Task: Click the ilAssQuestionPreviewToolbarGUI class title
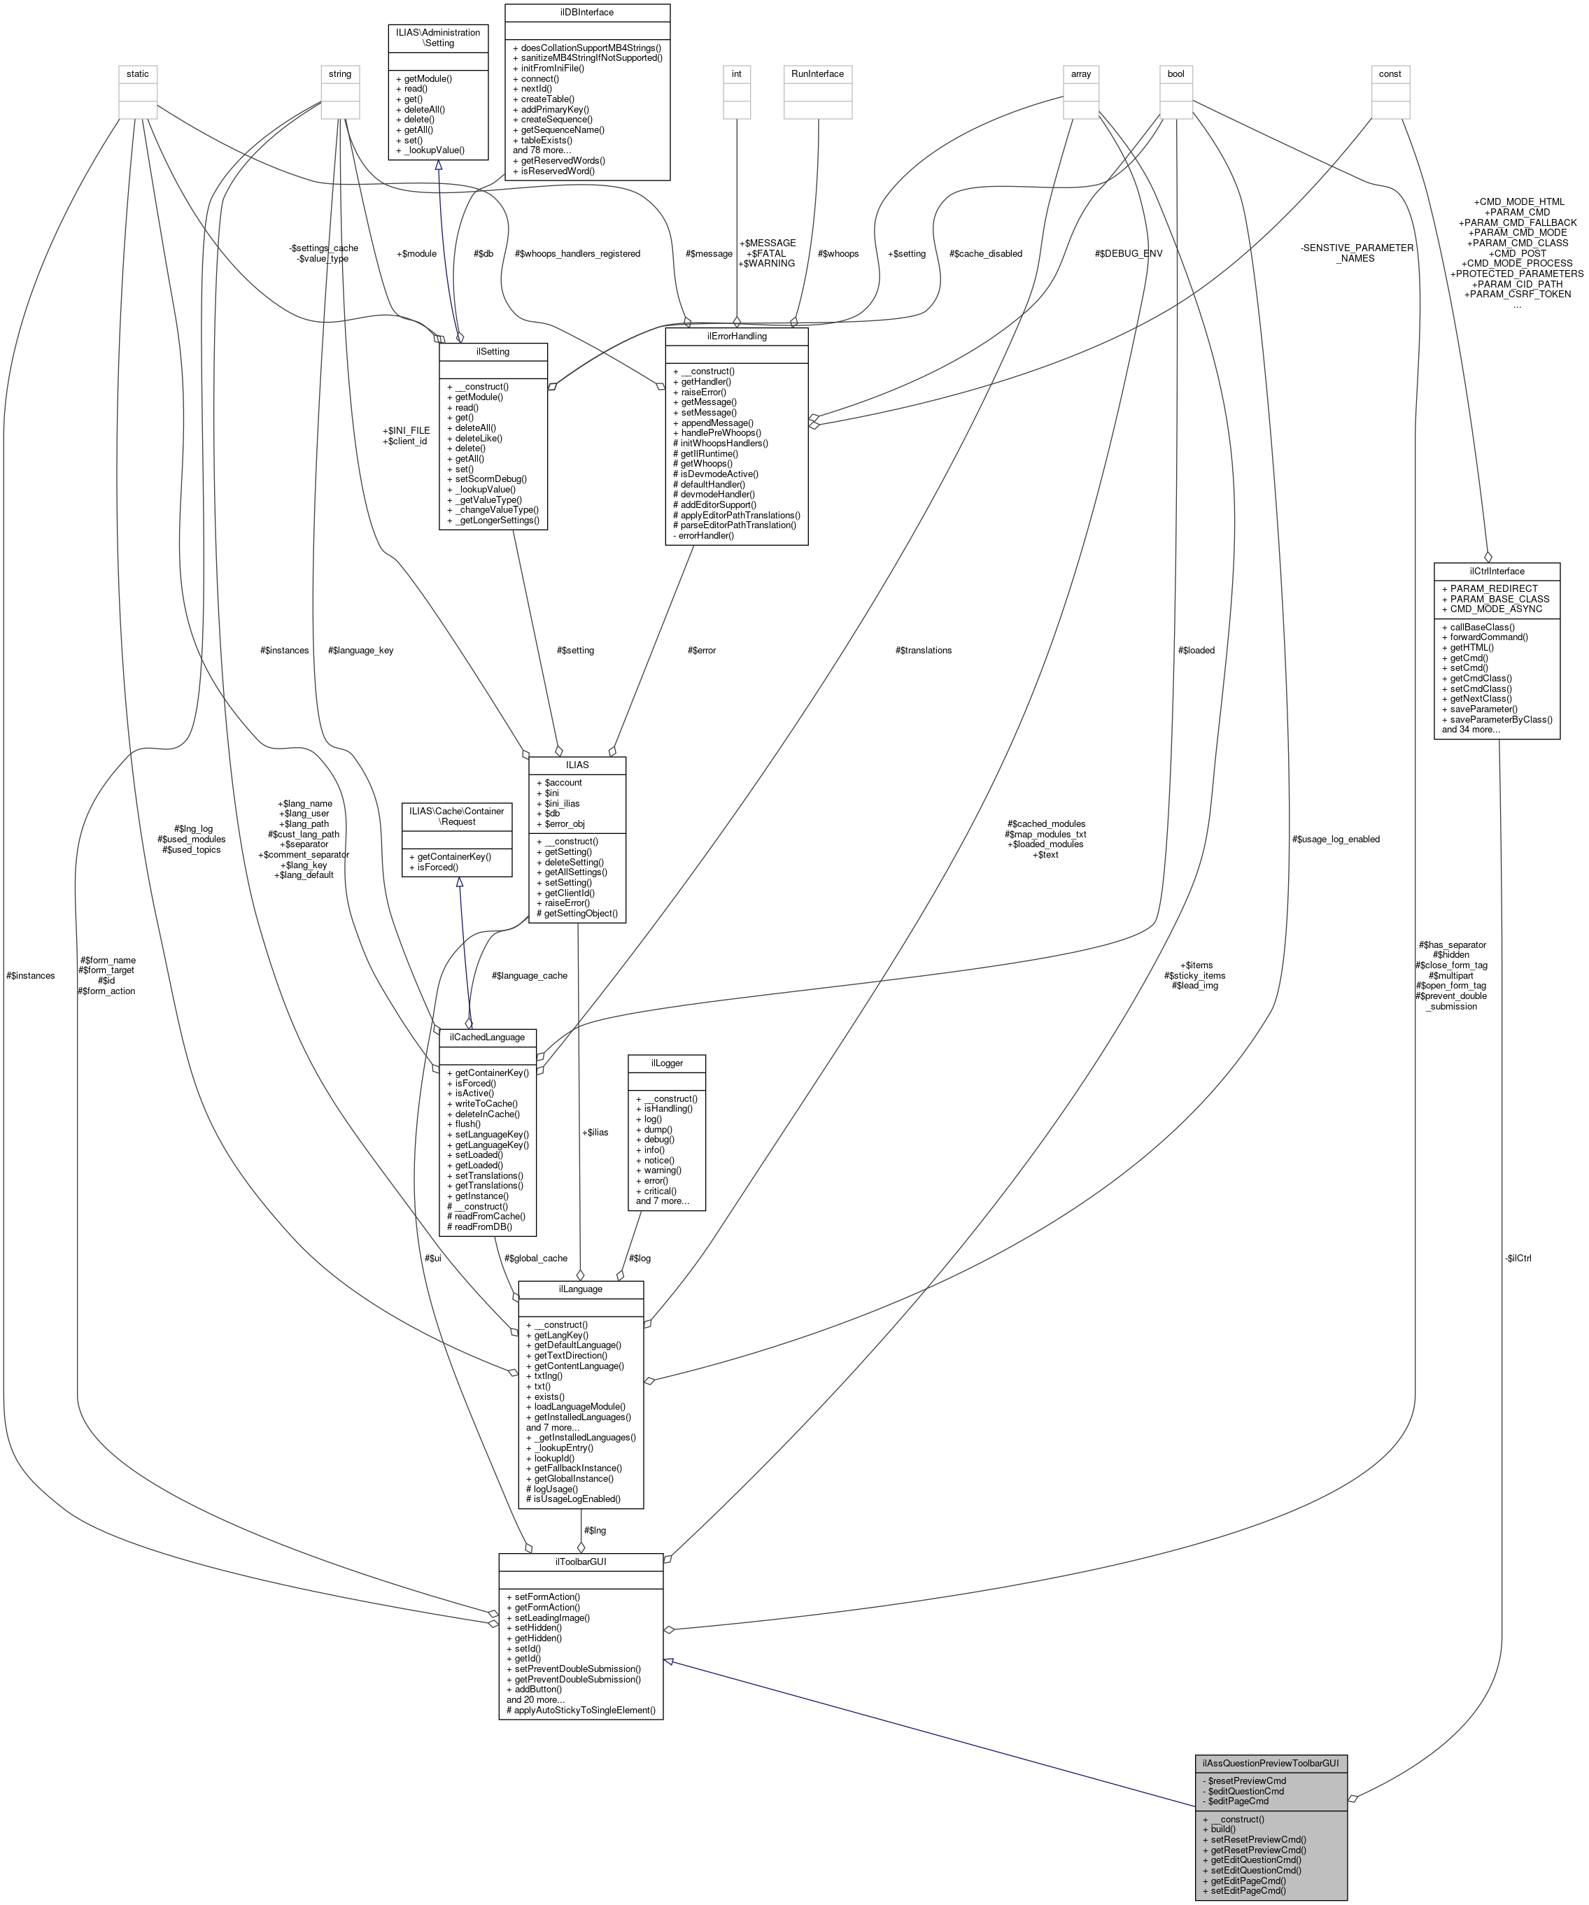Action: (x=1271, y=1762)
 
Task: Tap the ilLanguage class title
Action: (x=580, y=1288)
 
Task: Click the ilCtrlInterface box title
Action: (x=1497, y=571)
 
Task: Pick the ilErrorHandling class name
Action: (x=736, y=336)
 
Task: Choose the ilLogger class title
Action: (x=666, y=1062)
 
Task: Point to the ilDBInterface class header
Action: (x=586, y=13)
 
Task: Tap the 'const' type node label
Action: (x=1390, y=74)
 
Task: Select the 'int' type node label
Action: (x=736, y=74)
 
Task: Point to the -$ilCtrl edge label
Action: (x=1516, y=1258)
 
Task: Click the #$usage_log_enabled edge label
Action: (x=1335, y=839)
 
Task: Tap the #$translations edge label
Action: (x=923, y=651)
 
